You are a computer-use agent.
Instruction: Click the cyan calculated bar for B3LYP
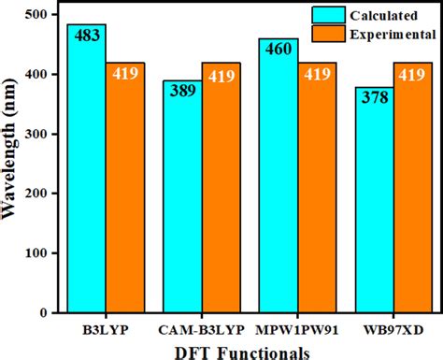[x=86, y=178]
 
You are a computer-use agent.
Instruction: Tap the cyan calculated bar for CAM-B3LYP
[x=181, y=201]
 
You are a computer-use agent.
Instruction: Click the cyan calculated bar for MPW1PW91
[x=278, y=182]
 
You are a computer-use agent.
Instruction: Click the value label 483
[x=86, y=36]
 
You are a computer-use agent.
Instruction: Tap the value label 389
[x=181, y=91]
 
